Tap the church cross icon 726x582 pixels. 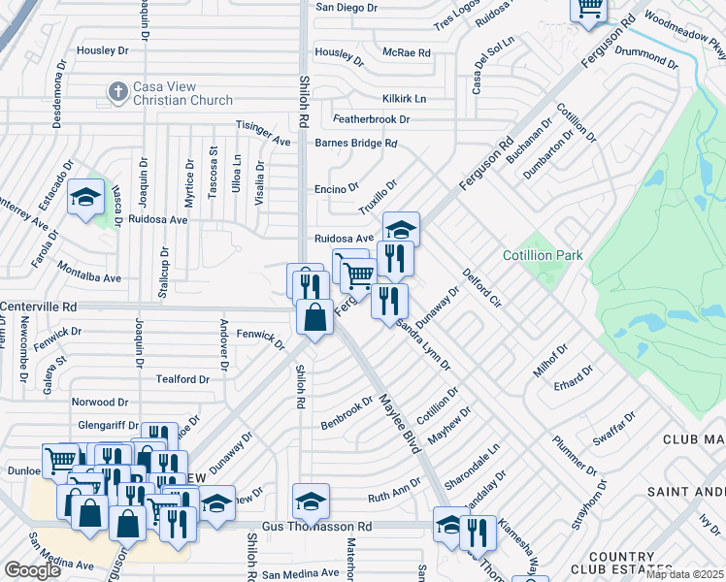coord(117,92)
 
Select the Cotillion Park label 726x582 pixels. coord(543,255)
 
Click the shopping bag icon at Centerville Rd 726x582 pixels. coord(315,317)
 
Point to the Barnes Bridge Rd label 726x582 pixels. coord(356,143)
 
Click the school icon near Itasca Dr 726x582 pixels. coord(85,198)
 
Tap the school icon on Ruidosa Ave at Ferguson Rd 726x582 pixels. coord(400,230)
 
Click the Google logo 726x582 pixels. coord(32,570)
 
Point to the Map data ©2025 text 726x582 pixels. coord(684,574)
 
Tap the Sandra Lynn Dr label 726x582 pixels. coord(423,344)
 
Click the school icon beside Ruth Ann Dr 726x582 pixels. coord(311,501)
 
